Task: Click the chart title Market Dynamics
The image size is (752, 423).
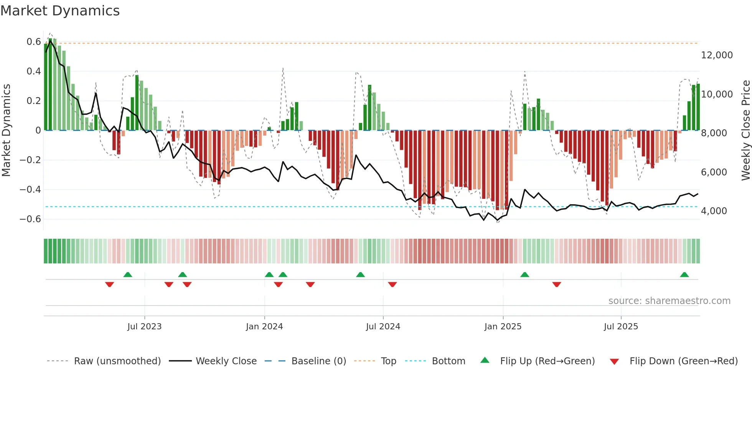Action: (x=60, y=11)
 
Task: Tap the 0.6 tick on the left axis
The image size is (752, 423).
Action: (x=34, y=42)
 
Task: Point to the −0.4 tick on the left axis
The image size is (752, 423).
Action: (x=30, y=190)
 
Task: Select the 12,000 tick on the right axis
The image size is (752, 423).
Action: (x=717, y=55)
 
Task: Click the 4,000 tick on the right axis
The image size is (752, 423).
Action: (x=714, y=211)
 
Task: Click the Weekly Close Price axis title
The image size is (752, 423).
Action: (x=745, y=131)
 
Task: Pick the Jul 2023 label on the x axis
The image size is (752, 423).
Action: (x=144, y=327)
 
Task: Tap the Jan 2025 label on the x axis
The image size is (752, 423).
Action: (x=503, y=327)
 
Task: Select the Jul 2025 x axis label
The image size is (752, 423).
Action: (x=621, y=327)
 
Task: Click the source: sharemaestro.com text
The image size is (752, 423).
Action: (x=669, y=301)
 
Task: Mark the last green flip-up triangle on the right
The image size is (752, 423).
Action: (x=684, y=275)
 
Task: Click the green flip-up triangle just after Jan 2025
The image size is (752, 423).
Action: (x=524, y=275)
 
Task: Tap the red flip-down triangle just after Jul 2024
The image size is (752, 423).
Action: (x=392, y=284)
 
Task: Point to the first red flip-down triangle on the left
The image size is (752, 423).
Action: (x=109, y=284)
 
